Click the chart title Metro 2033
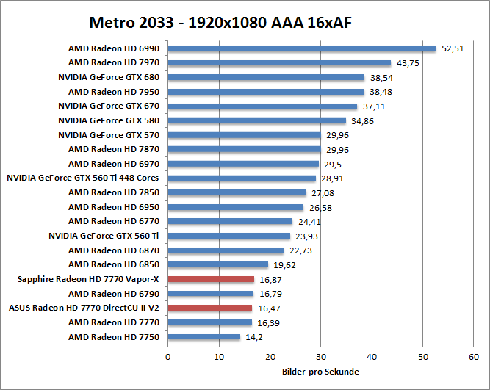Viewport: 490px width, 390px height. tap(220, 21)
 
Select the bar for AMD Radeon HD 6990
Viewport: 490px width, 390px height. tap(301, 48)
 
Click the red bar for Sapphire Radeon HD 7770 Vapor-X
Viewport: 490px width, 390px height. tap(211, 279)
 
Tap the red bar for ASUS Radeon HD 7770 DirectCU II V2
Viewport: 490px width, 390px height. tap(210, 308)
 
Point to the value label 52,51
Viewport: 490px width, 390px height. tap(453, 49)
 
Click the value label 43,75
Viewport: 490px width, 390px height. tap(408, 63)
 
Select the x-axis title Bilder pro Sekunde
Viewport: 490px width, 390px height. tap(320, 372)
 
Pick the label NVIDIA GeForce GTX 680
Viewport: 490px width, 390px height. tap(109, 77)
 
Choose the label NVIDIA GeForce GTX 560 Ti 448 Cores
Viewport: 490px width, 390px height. tap(83, 178)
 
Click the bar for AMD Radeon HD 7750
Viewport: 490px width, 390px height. tap(204, 337)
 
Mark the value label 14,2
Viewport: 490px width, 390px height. tap(253, 338)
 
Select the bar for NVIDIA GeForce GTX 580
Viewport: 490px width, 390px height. tap(256, 120)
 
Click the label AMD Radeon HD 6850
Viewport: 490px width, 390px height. tap(114, 264)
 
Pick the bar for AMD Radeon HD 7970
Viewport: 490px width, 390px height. tap(279, 63)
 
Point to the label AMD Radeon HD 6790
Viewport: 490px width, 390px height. tap(114, 294)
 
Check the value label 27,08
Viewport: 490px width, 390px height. tap(323, 193)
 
